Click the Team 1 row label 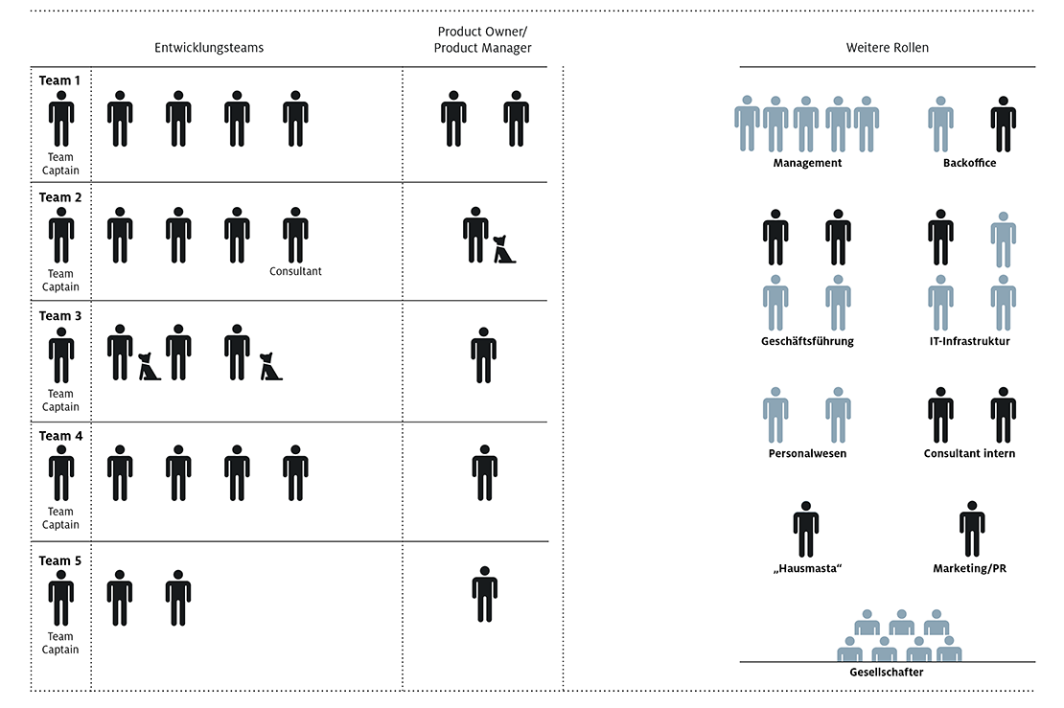(x=59, y=80)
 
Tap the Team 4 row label (x=60, y=436)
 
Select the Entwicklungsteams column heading (x=209, y=48)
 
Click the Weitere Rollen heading (x=887, y=48)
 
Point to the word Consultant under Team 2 (x=295, y=271)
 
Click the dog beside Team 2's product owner (x=504, y=249)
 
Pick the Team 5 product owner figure (x=484, y=594)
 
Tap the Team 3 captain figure (x=61, y=355)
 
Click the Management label (x=807, y=163)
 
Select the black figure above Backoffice (x=1003, y=125)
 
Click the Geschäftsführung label (x=807, y=341)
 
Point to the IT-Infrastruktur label (x=969, y=341)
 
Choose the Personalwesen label (x=807, y=454)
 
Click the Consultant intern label (x=969, y=454)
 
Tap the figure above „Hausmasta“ (x=806, y=529)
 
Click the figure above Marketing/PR (x=972, y=528)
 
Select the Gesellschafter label (x=887, y=672)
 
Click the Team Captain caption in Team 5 (x=60, y=643)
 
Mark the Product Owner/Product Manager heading (x=482, y=40)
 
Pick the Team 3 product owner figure (x=483, y=355)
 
